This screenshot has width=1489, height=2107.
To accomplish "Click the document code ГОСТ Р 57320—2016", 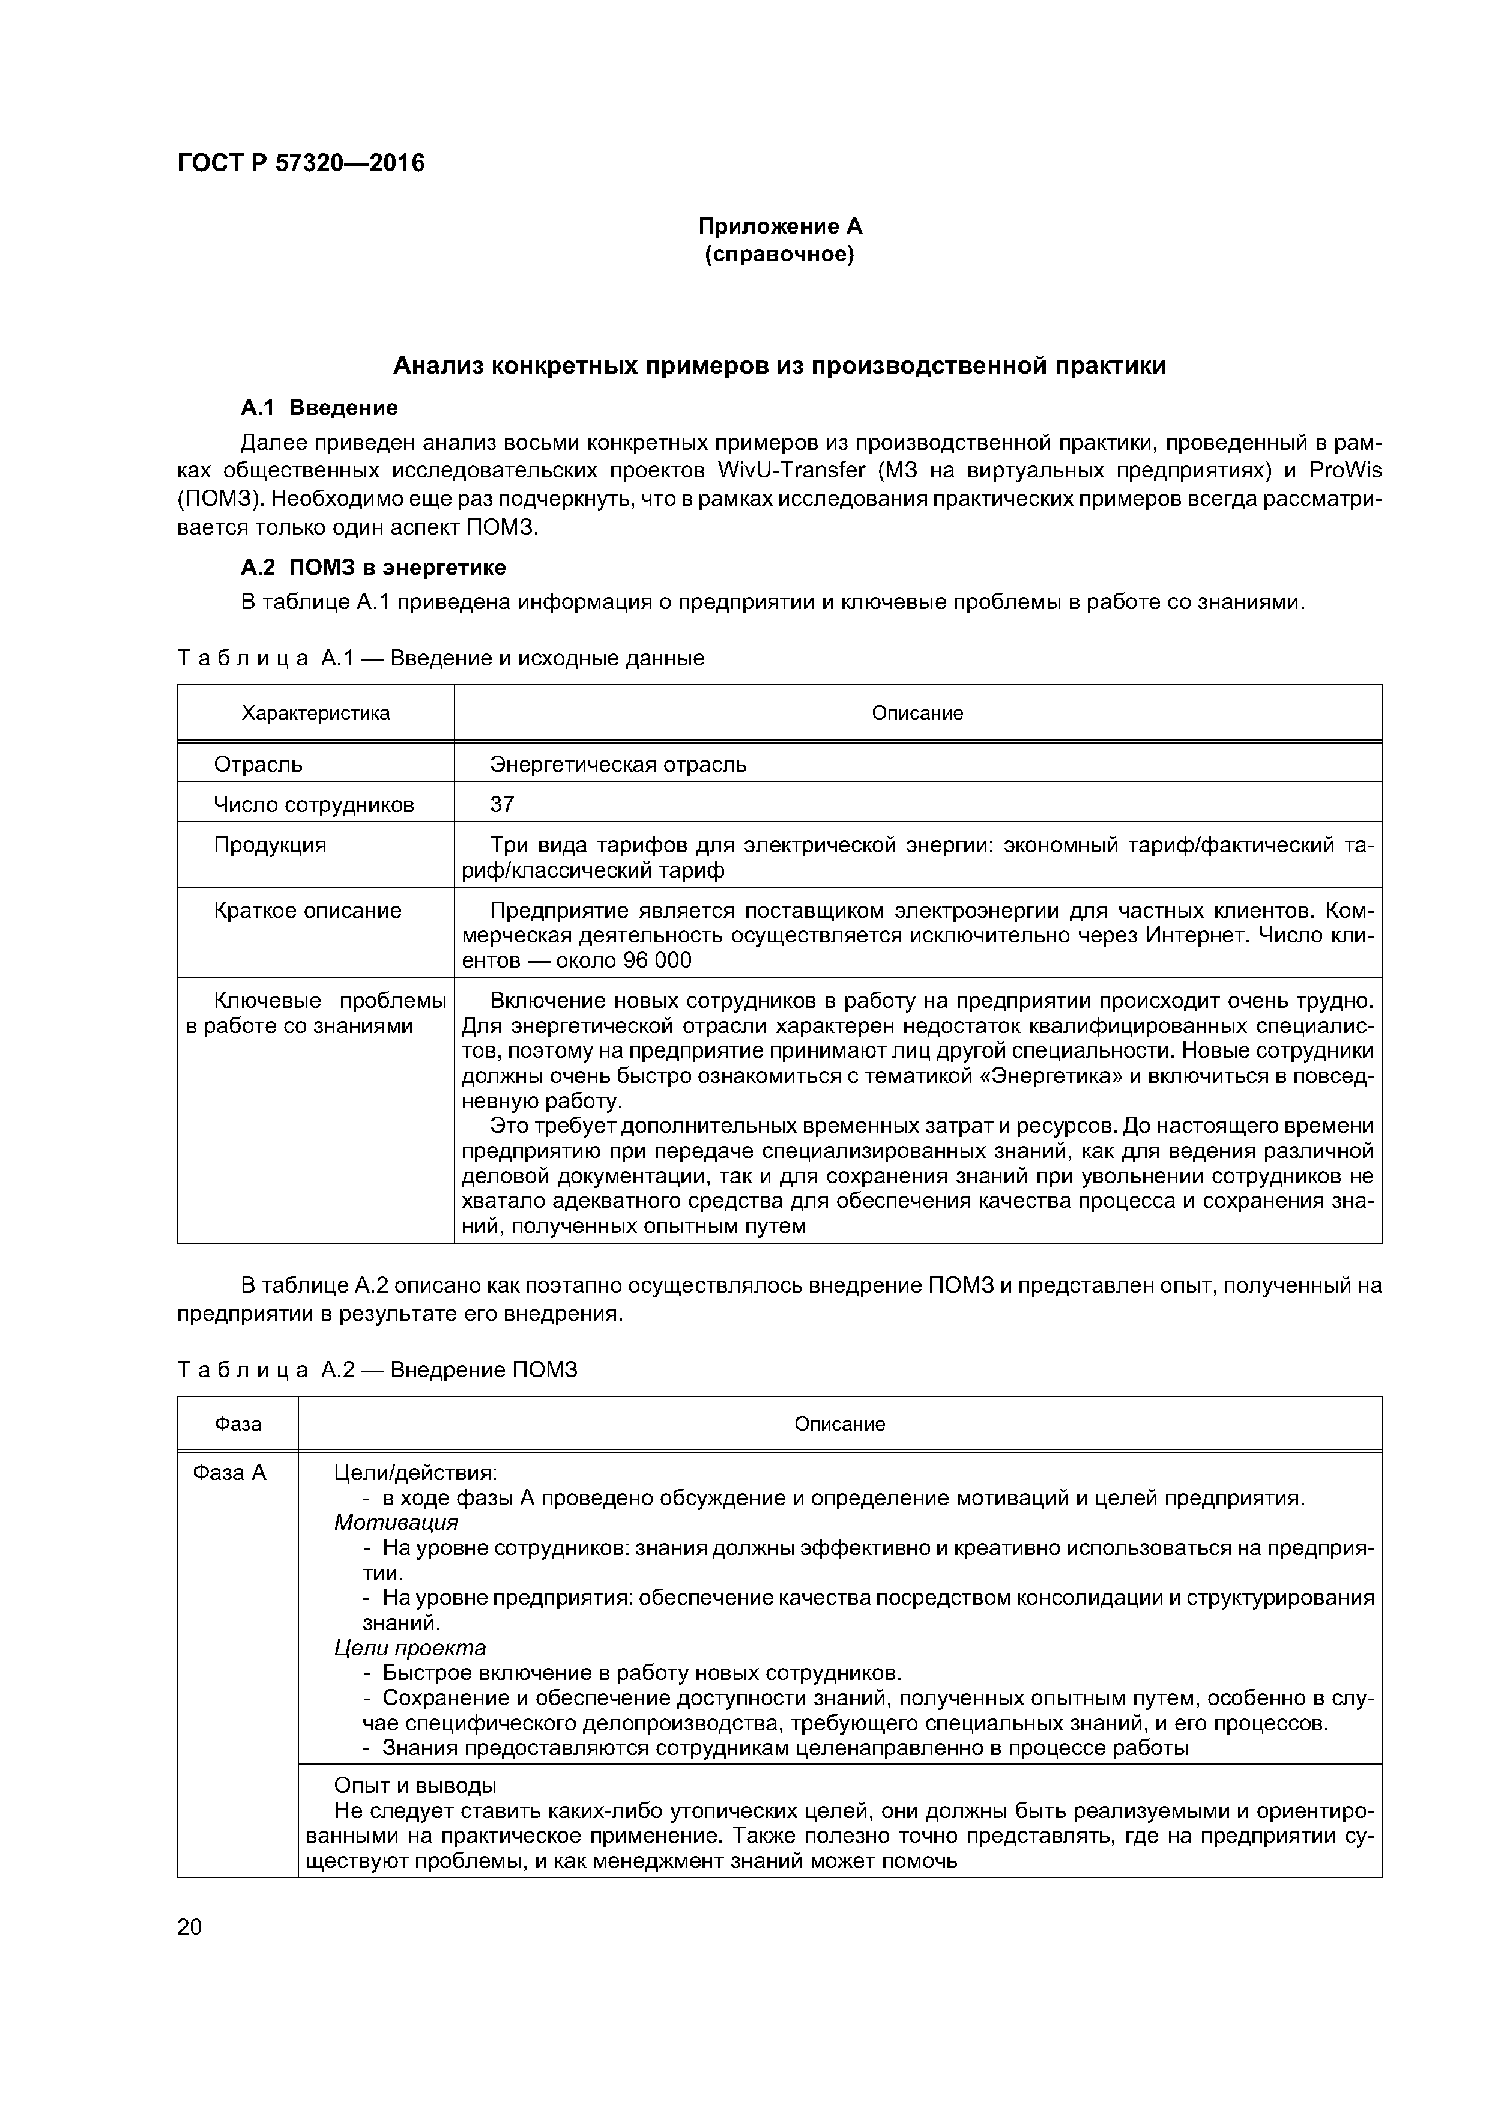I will (x=300, y=163).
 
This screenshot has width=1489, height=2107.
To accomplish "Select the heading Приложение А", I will (x=780, y=226).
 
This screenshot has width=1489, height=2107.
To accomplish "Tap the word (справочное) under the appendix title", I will (x=780, y=254).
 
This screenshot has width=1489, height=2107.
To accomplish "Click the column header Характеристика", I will (x=316, y=713).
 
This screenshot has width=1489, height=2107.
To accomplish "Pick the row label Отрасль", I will (x=258, y=765).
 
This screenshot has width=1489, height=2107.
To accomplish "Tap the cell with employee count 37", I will (x=502, y=805).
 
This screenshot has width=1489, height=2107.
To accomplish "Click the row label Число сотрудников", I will (x=314, y=805).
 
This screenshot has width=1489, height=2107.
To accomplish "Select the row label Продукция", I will (x=270, y=845).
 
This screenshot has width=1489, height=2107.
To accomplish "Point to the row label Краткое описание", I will (x=307, y=911).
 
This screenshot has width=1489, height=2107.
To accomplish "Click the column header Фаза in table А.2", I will (x=238, y=1423).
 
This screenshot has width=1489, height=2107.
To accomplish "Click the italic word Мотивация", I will (x=396, y=1523).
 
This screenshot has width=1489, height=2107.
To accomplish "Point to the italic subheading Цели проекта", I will (x=409, y=1648).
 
